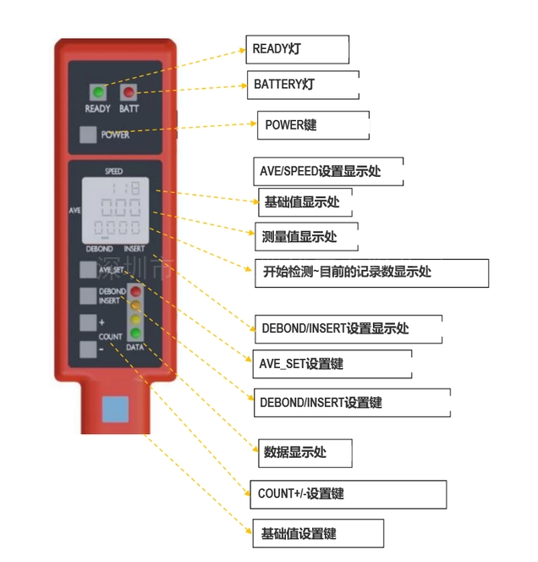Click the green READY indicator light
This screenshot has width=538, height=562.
pyautogui.click(x=97, y=92)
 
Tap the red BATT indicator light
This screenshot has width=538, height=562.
pyautogui.click(x=129, y=92)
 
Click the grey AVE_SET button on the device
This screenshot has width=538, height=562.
pyautogui.click(x=88, y=270)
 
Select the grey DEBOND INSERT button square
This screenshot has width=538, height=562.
pyautogui.click(x=88, y=295)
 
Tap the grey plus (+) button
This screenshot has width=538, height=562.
pyautogui.click(x=88, y=322)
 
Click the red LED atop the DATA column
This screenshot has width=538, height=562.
pyautogui.click(x=134, y=295)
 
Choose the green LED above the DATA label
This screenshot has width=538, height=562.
pyautogui.click(x=134, y=333)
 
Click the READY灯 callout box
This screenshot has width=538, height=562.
pyautogui.click(x=297, y=49)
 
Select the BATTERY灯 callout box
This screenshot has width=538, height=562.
pyautogui.click(x=302, y=85)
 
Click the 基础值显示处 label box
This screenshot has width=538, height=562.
pyautogui.click(x=303, y=201)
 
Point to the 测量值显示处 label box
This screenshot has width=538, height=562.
pyautogui.click(x=306, y=235)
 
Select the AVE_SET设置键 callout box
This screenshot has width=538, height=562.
pyautogui.click(x=332, y=364)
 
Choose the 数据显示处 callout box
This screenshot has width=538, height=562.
pyautogui.click(x=304, y=453)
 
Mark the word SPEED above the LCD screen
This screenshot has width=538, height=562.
pyautogui.click(x=114, y=172)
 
